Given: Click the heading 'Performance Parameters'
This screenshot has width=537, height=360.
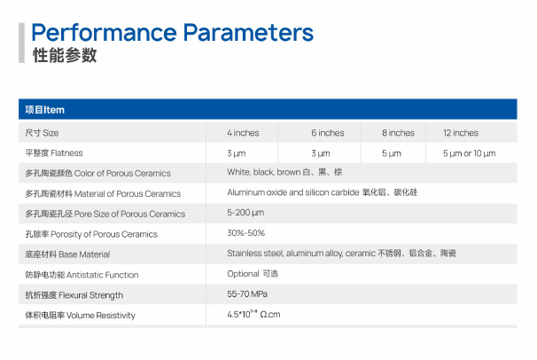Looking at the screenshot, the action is (x=172, y=33).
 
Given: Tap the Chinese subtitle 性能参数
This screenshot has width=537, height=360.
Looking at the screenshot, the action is (x=65, y=56).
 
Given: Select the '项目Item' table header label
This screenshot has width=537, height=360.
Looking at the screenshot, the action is (x=45, y=110).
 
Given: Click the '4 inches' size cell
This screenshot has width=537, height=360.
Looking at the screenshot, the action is (x=243, y=133).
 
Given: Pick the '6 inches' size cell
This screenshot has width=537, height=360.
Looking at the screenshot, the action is (x=328, y=133).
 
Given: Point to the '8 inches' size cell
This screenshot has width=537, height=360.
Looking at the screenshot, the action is (x=398, y=133).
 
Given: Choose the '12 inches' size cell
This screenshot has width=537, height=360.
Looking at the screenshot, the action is (x=461, y=133).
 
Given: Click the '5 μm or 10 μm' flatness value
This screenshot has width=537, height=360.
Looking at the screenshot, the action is (x=469, y=153).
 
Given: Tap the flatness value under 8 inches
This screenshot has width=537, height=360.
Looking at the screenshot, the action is (x=392, y=153).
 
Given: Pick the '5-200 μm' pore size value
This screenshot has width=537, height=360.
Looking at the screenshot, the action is (x=245, y=213).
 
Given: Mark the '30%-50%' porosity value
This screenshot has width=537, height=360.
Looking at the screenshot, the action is (x=245, y=233).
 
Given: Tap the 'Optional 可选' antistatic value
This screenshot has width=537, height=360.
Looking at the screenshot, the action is (x=253, y=274).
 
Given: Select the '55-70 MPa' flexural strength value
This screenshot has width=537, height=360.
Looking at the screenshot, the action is (x=247, y=293).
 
